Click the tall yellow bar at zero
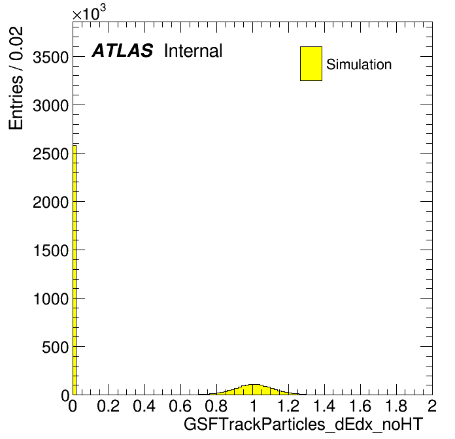[75, 270]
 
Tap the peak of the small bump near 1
[254, 385]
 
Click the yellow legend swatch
[311, 63]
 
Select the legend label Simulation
[359, 65]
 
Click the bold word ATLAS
[122, 50]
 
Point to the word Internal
[194, 51]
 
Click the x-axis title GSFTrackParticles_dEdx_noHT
[303, 424]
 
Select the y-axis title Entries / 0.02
[16, 78]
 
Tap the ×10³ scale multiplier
[89, 12]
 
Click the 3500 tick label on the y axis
[50, 57]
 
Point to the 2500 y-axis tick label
[50, 154]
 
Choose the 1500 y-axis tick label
[51, 250]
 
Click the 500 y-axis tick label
[55, 347]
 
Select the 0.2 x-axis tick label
[109, 406]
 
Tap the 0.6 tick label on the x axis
[180, 406]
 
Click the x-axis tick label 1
[254, 406]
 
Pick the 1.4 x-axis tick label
[324, 406]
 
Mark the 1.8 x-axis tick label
[396, 406]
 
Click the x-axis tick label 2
[432, 406]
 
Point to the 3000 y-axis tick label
[50, 106]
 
